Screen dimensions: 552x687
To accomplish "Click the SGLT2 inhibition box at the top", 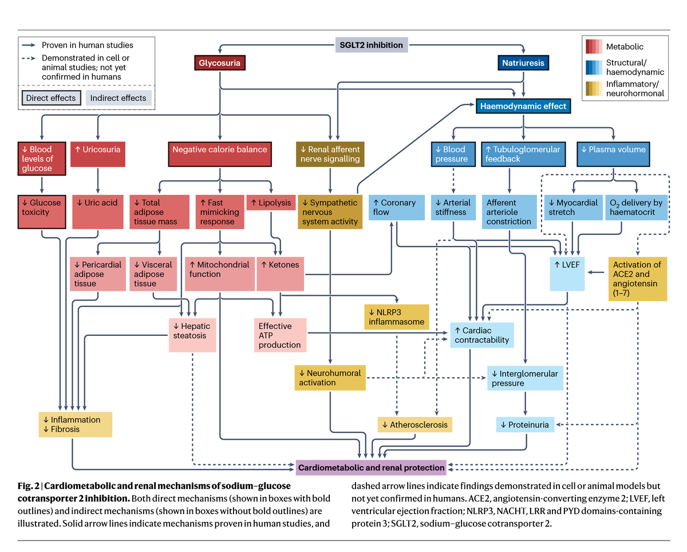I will [371, 45].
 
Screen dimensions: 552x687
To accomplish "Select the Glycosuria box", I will [219, 62].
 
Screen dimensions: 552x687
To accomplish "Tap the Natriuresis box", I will [523, 62].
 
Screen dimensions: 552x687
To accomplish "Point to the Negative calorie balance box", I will [220, 150].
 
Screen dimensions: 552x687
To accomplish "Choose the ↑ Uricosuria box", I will [97, 150].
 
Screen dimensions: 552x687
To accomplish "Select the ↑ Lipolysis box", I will [271, 202].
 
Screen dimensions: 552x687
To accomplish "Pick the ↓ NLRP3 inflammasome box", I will [396, 317].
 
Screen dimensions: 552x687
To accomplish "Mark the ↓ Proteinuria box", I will [525, 425].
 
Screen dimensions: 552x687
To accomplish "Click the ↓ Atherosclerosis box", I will [414, 425].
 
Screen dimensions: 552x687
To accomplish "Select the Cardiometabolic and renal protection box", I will [372, 467].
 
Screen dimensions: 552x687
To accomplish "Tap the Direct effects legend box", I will [51, 98].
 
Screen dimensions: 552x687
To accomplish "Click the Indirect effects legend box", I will [119, 98].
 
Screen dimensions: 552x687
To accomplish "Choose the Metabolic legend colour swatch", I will [593, 46].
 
